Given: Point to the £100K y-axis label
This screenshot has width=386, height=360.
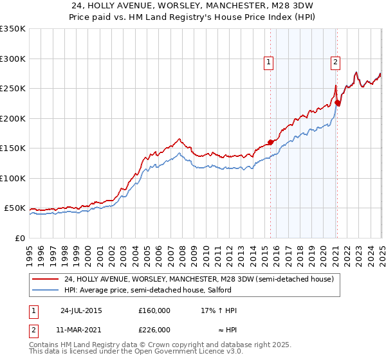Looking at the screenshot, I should pyautogui.click(x=13, y=178).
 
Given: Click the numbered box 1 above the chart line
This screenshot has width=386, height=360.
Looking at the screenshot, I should pyautogui.click(x=268, y=62).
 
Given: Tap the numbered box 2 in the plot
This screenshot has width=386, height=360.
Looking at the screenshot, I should pyautogui.click(x=336, y=62).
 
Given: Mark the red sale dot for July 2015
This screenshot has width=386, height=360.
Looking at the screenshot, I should pyautogui.click(x=270, y=143).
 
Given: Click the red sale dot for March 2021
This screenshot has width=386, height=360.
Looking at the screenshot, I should pyautogui.click(x=338, y=103).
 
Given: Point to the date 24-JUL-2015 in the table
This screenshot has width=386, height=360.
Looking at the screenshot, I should pyautogui.click(x=81, y=310).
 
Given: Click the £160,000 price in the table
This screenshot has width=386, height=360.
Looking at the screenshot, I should pyautogui.click(x=154, y=310).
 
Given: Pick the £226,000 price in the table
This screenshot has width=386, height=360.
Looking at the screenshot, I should pyautogui.click(x=154, y=329).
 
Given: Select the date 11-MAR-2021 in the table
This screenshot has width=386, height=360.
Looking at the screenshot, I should pyautogui.click(x=81, y=329).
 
